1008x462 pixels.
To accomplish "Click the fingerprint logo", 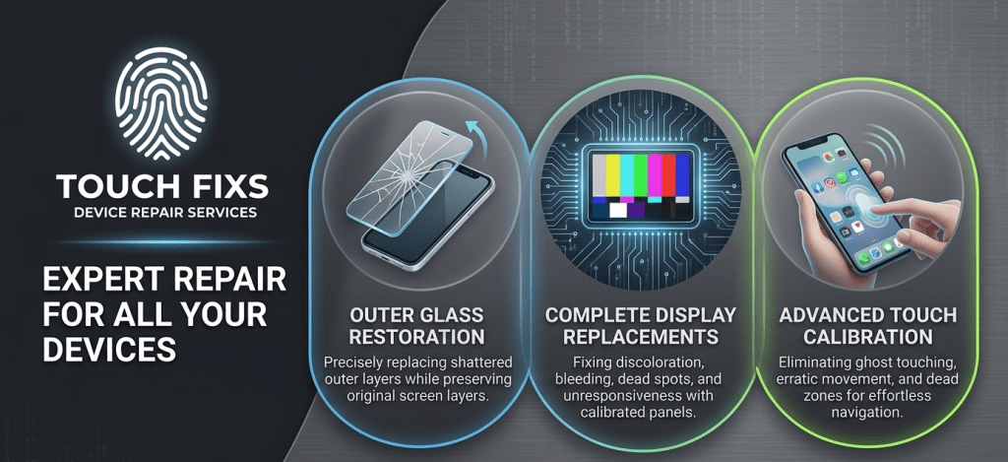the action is pos(161,102).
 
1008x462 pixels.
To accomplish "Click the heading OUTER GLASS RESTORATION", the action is pos(416,326).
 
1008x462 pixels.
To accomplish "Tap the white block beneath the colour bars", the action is pos(618,210).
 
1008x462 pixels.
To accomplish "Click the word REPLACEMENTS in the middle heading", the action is pos(640,336).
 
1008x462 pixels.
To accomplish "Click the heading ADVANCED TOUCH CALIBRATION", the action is pos(868,326).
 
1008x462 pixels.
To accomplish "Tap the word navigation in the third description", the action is pos(868,412).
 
